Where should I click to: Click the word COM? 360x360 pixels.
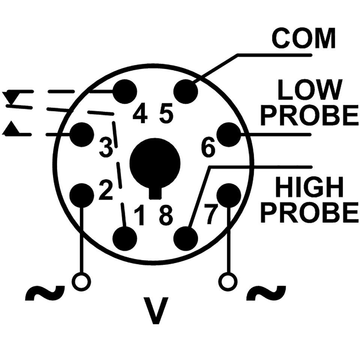click(303, 39)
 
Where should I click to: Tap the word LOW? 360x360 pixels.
click(310, 90)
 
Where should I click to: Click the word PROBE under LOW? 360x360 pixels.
click(310, 115)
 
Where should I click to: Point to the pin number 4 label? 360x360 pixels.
click(140, 116)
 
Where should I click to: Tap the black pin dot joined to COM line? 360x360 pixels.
click(186, 91)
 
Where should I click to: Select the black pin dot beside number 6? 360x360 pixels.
click(229, 135)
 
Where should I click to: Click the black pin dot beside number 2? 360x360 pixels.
click(82, 195)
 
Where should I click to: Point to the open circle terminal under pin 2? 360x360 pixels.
click(81, 282)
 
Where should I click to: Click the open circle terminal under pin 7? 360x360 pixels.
click(228, 282)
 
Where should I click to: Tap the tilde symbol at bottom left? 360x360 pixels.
click(45, 293)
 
